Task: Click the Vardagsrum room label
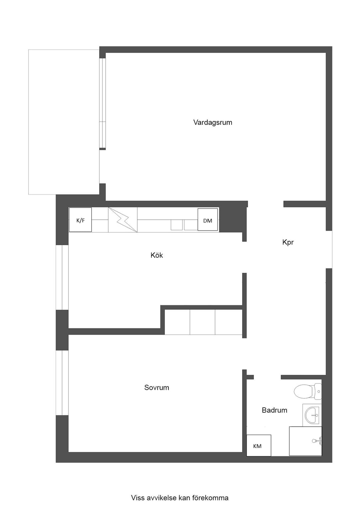pos(213,123)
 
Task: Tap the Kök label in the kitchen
pos(157,255)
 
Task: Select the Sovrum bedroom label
pos(157,387)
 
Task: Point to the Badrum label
pos(274,410)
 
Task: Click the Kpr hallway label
pos(288,243)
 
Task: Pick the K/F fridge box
pos(80,220)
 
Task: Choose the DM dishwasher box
pos(208,220)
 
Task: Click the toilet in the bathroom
pos(308,391)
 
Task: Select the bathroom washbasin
pos(312,415)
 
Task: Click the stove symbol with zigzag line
pos(123,220)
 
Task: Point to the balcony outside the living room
pos(64,122)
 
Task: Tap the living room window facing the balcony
pos(103,104)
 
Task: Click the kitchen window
pos(62,277)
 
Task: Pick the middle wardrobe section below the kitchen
pos(202,322)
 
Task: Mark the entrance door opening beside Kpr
pos(329,250)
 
